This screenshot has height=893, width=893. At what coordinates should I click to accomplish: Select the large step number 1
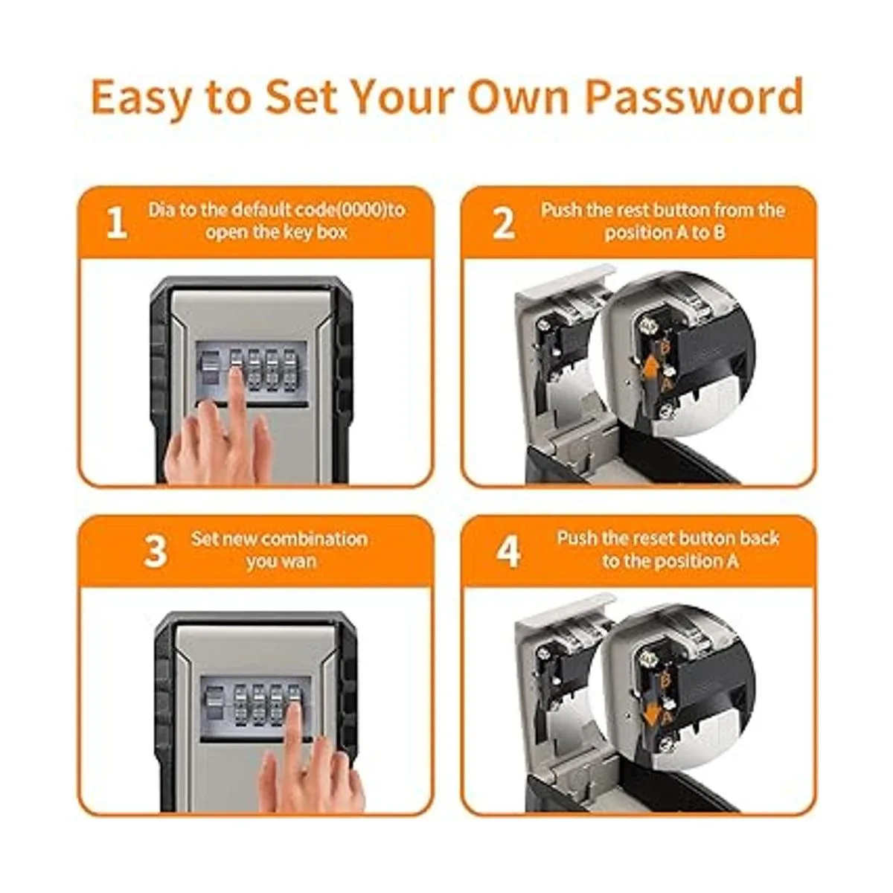pyautogui.click(x=116, y=223)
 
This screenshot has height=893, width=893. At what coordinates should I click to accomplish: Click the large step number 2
pyautogui.click(x=503, y=223)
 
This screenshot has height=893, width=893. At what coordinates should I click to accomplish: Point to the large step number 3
pyautogui.click(x=155, y=551)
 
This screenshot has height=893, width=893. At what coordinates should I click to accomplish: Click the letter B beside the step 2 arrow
pyautogui.click(x=665, y=348)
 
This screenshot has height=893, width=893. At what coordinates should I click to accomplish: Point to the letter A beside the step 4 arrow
pyautogui.click(x=666, y=718)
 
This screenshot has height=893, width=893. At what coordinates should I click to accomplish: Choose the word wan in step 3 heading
pyautogui.click(x=301, y=562)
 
